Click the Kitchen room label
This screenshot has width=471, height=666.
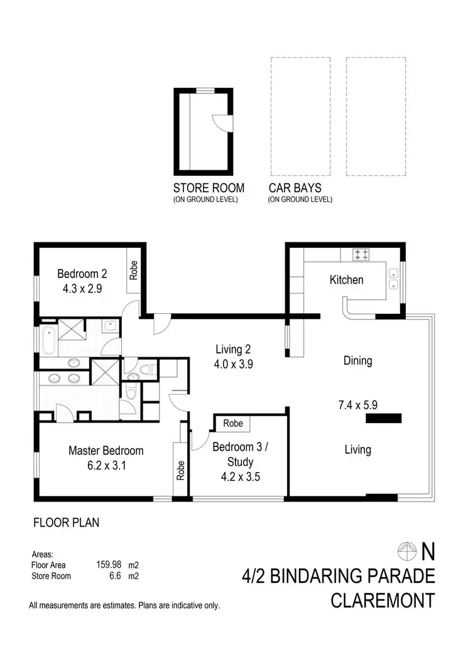[346, 279]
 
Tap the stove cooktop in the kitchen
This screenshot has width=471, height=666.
[362, 254]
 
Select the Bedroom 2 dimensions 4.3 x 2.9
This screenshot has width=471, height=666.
[82, 289]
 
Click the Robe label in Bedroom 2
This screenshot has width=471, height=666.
[133, 269]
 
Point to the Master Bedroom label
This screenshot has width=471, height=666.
[106, 451]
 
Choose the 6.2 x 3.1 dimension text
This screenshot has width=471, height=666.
[106, 465]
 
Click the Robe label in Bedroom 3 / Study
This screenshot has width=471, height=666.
[233, 423]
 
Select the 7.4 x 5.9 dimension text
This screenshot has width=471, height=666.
[357, 405]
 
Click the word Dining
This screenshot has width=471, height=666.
[357, 361]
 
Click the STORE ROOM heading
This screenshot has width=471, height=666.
[208, 188]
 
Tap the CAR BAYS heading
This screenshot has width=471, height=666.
[295, 188]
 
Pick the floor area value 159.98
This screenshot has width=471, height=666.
[107, 565]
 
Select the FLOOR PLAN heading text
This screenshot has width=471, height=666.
[66, 522]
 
